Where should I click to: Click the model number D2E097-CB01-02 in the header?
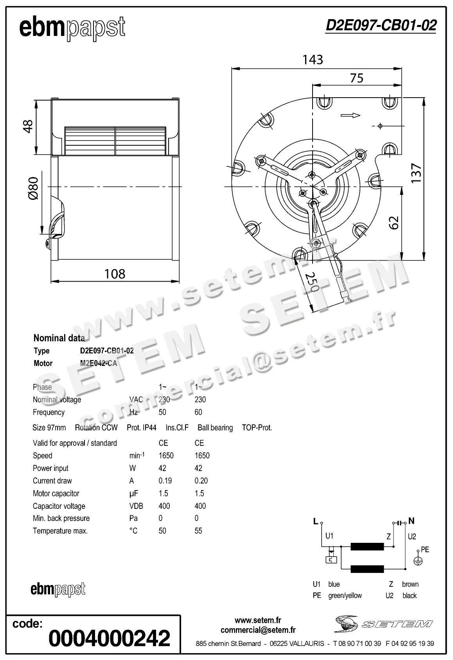(381, 25)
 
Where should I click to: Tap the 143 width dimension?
(313, 60)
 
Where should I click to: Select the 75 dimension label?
(356, 78)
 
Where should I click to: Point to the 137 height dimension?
(416, 173)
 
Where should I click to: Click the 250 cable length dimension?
(312, 282)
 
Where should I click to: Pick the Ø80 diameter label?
(33, 188)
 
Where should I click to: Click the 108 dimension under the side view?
(115, 274)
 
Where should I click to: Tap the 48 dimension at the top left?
(28, 126)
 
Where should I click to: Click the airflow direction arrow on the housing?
(350, 115)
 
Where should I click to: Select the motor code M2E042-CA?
(99, 363)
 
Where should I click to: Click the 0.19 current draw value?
(165, 481)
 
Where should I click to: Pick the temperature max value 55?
(198, 531)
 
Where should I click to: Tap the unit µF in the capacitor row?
(133, 494)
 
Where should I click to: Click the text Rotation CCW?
(96, 428)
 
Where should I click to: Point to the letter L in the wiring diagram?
(316, 521)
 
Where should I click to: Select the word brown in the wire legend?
(410, 584)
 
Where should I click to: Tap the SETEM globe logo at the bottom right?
(346, 624)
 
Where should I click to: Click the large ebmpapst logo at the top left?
(72, 27)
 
